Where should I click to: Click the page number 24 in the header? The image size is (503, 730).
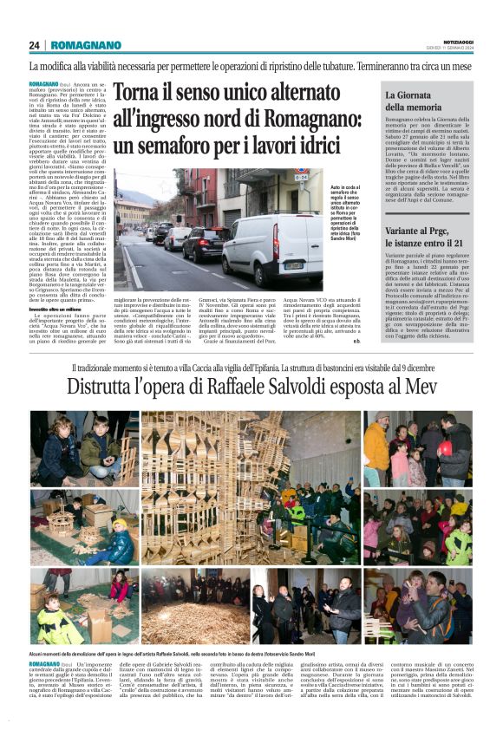34,45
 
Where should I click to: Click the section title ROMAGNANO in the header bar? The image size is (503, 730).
86,45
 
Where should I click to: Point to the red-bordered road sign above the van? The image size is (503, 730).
302,176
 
